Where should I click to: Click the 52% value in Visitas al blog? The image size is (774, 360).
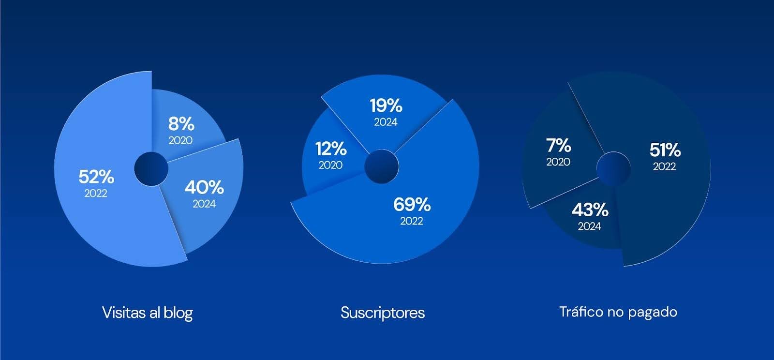click(x=96, y=177)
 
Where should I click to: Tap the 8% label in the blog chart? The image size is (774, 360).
click(x=181, y=124)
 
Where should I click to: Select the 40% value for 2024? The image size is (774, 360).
click(x=204, y=188)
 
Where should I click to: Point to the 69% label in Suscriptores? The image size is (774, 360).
click(x=412, y=205)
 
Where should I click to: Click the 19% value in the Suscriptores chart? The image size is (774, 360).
click(x=386, y=105)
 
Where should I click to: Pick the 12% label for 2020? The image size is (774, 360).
click(x=331, y=149)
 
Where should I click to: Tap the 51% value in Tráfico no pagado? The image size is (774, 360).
click(x=665, y=150)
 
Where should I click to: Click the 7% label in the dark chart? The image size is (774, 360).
click(x=559, y=146)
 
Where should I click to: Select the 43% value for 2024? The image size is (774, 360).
click(x=590, y=210)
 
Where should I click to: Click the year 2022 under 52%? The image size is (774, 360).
click(x=96, y=194)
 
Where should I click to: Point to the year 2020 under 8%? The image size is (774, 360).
click(x=180, y=140)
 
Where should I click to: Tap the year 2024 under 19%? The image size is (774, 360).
click(x=386, y=122)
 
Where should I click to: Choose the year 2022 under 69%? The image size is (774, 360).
click(x=412, y=221)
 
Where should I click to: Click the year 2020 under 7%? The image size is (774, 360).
click(x=558, y=162)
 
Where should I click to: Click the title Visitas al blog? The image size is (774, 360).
click(x=148, y=313)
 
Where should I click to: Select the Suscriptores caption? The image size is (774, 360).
click(x=383, y=313)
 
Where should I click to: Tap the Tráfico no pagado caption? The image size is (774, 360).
click(x=618, y=312)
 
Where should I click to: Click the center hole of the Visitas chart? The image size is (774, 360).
click(x=151, y=169)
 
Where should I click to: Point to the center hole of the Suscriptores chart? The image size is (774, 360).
click(x=382, y=166)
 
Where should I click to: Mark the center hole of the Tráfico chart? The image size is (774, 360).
click(x=614, y=169)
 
